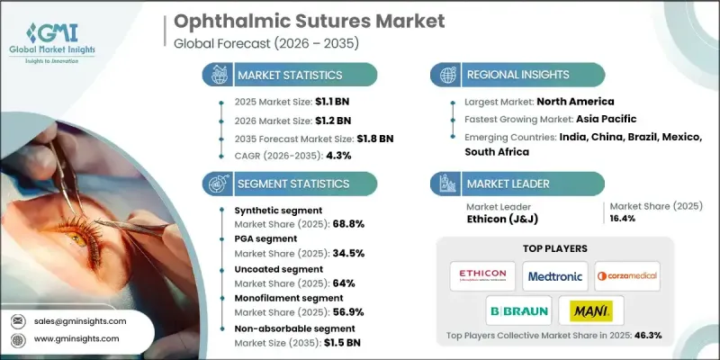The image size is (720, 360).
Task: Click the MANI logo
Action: pyautogui.click(x=589, y=311)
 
